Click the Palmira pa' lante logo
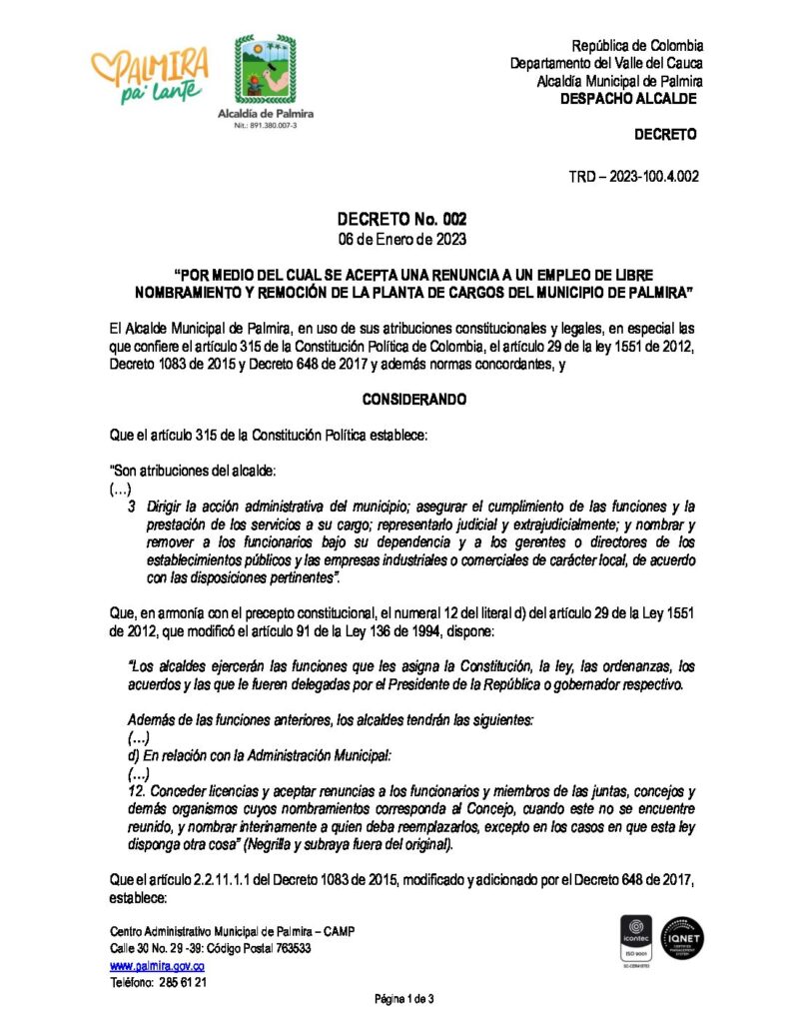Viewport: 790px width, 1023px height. coord(150,75)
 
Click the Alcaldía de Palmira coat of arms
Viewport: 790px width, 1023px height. coord(266,71)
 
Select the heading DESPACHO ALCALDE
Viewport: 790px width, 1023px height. coord(628,99)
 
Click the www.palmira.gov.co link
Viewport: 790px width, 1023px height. coord(157,965)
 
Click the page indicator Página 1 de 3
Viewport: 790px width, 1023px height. coord(403,999)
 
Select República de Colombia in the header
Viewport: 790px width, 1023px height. coord(637,46)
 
